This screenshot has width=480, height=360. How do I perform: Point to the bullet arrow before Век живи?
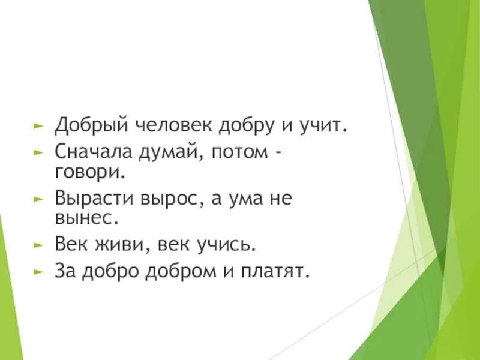point(38,245)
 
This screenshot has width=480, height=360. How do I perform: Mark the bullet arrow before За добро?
point(38,272)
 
